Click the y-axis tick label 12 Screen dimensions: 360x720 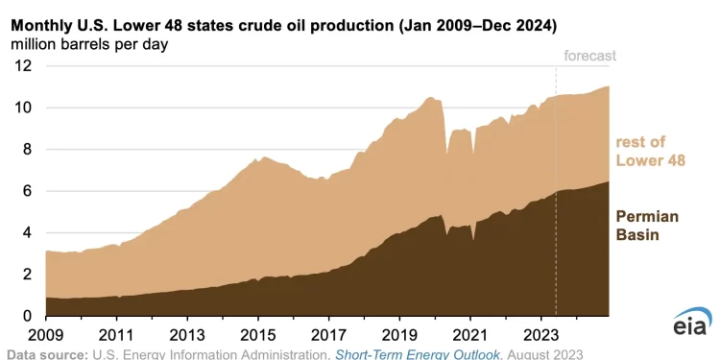(22, 66)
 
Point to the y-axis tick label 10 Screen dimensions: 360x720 (22, 108)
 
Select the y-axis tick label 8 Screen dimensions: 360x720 (27, 149)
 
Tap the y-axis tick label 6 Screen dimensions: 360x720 (27, 191)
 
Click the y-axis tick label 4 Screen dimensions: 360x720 (27, 232)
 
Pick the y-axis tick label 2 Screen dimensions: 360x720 (27, 275)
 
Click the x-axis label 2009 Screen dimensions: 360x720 (46, 336)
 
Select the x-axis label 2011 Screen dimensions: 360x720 (116, 336)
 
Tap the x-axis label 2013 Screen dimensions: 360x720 (187, 336)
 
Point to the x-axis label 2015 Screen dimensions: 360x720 (258, 336)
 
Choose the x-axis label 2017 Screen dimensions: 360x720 (328, 336)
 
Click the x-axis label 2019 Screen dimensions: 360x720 (399, 336)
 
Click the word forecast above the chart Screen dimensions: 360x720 (589, 56)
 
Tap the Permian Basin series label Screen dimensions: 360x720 (646, 227)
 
